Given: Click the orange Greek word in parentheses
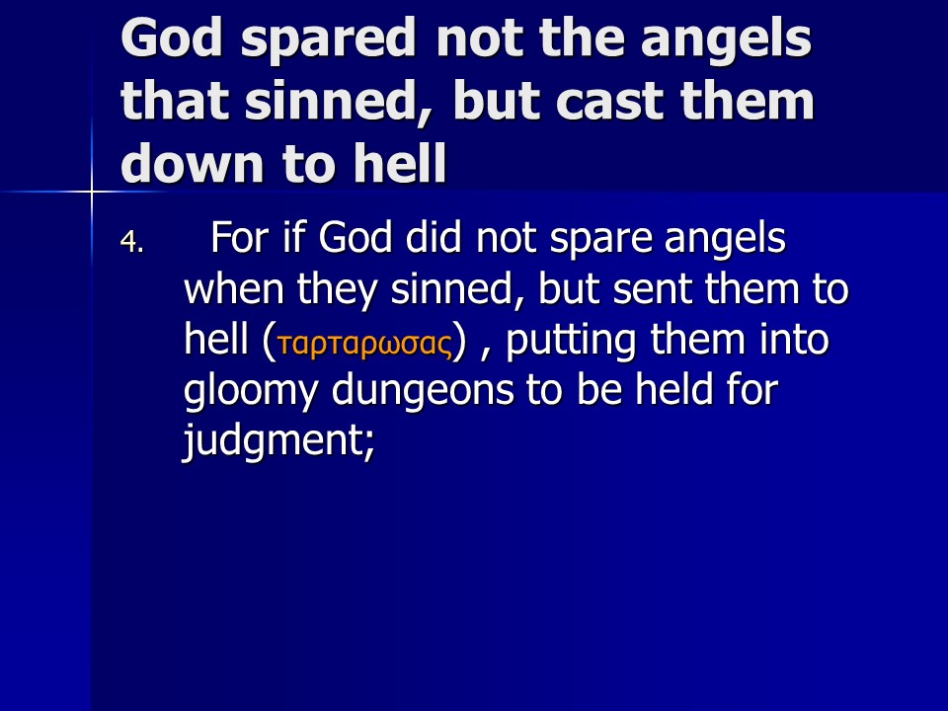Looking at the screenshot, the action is pos(364,343).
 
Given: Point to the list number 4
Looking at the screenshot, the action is pos(131,242).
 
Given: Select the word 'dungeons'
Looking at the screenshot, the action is pos(421,392).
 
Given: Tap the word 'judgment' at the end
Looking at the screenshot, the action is pos(278,440).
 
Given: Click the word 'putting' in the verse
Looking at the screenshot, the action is pos(570,342).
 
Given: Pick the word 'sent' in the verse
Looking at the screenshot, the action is pos(652,289).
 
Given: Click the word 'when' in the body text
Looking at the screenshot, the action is pos(234,288).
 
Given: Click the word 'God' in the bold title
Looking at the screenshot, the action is pos(172,39).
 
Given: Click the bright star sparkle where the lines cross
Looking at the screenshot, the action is pos(92,193).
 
